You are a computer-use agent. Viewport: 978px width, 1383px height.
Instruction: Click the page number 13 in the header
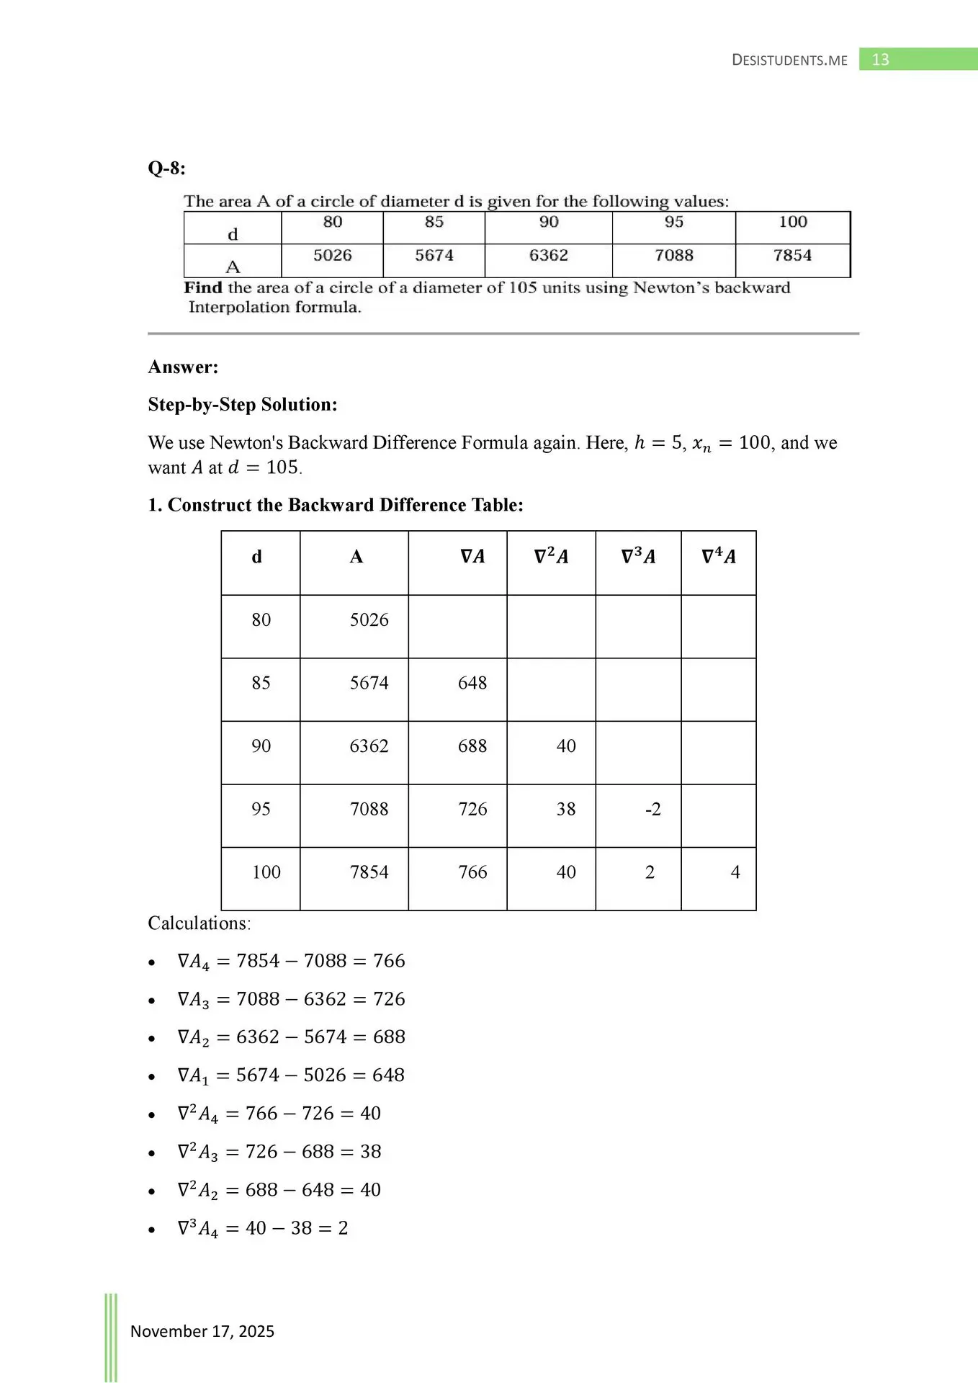[880, 60]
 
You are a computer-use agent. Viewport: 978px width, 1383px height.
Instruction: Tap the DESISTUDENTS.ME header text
[789, 61]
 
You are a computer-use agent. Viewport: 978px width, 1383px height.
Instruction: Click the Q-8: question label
[166, 169]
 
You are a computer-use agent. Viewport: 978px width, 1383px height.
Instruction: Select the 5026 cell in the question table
[332, 256]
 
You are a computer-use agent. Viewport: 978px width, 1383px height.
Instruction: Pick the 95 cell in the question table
[673, 223]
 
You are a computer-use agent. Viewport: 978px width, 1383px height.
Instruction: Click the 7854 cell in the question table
[792, 256]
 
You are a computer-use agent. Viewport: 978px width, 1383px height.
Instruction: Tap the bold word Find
[203, 288]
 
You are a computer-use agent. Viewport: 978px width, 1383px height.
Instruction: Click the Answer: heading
[183, 367]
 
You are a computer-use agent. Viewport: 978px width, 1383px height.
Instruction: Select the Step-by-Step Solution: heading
[243, 405]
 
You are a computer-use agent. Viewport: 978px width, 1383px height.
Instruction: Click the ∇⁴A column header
[718, 557]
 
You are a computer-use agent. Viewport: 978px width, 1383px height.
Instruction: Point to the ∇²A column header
[551, 557]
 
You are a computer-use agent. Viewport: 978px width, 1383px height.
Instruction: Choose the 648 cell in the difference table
[472, 683]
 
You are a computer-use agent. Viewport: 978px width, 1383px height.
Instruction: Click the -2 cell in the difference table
[652, 810]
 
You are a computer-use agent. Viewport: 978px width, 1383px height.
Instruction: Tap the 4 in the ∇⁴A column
[735, 872]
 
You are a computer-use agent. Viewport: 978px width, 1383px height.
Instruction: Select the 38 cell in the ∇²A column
[566, 810]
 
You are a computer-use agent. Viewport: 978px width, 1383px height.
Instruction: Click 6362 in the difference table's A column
[369, 746]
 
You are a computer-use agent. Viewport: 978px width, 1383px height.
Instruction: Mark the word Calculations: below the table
[199, 923]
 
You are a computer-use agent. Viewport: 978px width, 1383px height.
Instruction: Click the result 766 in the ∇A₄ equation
[389, 961]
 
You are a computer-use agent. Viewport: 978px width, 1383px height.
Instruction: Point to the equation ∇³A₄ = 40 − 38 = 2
[263, 1228]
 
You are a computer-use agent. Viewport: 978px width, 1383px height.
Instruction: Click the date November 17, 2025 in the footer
[202, 1331]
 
